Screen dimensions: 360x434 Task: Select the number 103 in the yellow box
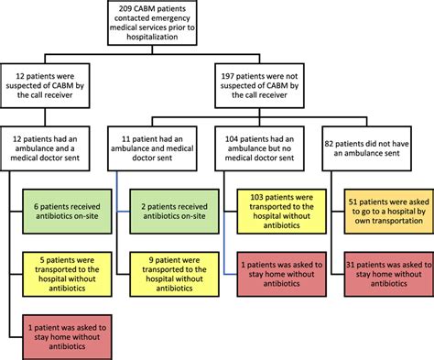[x=253, y=195]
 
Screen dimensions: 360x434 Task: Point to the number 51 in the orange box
[x=357, y=195]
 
